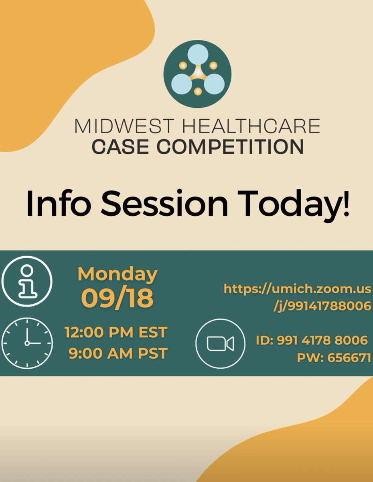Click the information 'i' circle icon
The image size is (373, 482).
[27, 280]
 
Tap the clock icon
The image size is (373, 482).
[27, 343]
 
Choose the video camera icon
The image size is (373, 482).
[220, 343]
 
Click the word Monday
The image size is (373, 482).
[118, 274]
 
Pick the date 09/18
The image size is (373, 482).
[118, 298]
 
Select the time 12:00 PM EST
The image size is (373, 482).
[116, 333]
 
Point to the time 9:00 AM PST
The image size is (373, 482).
[118, 353]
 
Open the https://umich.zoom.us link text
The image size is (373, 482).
[297, 288]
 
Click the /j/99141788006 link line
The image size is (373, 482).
[322, 306]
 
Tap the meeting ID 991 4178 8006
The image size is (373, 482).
[312, 340]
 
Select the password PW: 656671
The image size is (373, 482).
[334, 357]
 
